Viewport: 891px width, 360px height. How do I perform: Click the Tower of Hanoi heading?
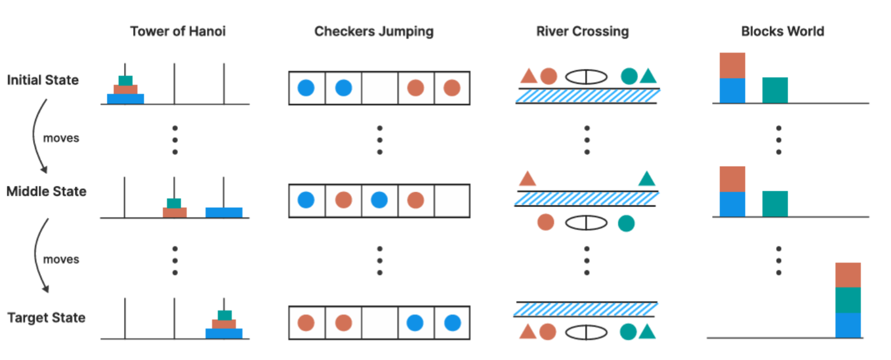coord(178,32)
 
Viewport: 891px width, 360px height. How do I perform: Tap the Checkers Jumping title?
coord(374,32)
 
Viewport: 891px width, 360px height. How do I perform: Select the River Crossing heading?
coord(583,32)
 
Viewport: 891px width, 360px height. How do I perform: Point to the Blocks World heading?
coord(783,32)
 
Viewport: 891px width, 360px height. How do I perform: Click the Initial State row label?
coord(43,80)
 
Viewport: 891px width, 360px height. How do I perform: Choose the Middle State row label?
coord(47,191)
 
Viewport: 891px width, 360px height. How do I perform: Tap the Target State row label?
coord(47,318)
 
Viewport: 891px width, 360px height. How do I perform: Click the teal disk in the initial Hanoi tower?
coord(125,80)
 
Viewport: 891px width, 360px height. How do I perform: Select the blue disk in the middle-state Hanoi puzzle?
coord(224,212)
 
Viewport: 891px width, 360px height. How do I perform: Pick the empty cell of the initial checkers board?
coord(380,88)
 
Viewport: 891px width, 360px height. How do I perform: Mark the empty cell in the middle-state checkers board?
coord(452,200)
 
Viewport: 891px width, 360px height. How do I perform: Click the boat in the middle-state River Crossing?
coord(586,223)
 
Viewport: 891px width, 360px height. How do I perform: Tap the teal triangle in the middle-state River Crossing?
coord(647,179)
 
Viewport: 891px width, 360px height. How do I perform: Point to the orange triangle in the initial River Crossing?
coord(529,76)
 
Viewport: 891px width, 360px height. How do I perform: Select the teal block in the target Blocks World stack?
coord(848,300)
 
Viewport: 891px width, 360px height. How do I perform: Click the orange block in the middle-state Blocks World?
coord(733,179)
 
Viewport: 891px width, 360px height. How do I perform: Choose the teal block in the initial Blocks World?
coord(775,90)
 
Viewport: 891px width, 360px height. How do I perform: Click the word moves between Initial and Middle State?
coord(61,138)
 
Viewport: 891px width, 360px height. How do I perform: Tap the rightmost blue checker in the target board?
coord(452,323)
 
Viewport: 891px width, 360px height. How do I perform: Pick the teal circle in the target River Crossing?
coord(628,332)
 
